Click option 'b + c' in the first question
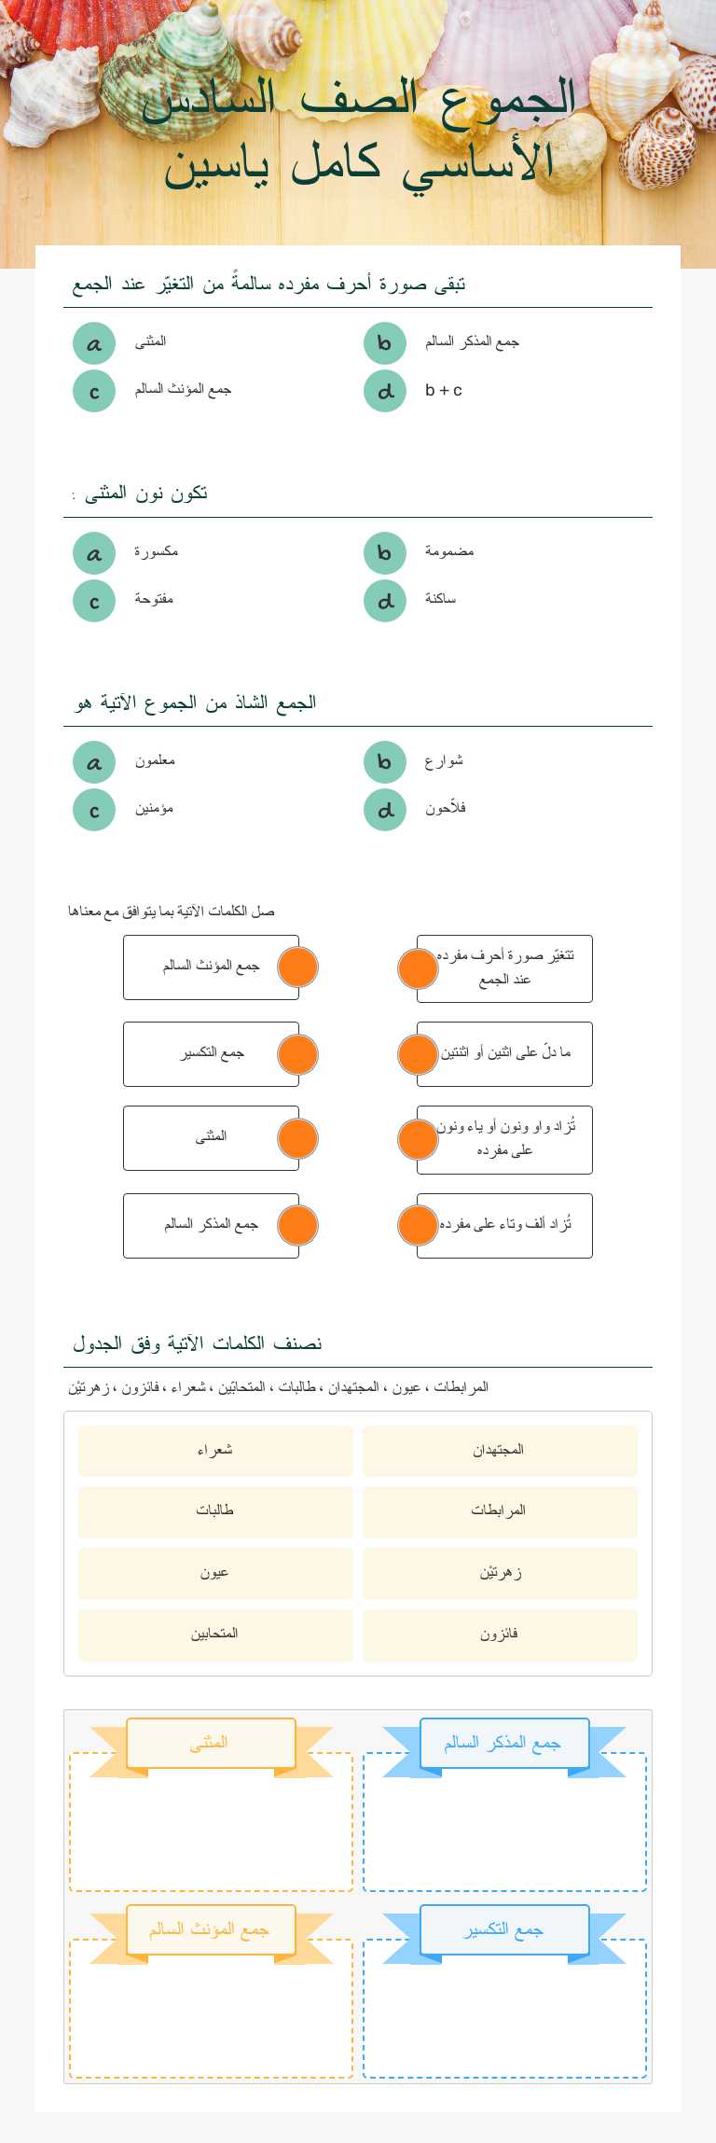[x=444, y=391]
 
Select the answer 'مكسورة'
[x=156, y=552]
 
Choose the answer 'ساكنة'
[x=440, y=600]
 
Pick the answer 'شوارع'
[x=444, y=761]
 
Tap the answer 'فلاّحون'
[x=446, y=809]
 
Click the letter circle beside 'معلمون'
[x=94, y=762]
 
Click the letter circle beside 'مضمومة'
[x=384, y=553]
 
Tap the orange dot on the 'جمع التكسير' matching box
[x=298, y=1054]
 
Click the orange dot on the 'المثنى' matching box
[x=298, y=1138]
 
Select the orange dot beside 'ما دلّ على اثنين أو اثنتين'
[x=418, y=1054]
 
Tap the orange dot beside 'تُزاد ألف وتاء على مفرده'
[x=418, y=1225]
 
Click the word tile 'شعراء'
[x=215, y=1451]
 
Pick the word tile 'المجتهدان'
[x=500, y=1451]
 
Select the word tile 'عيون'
[x=215, y=1573]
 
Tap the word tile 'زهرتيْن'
[x=500, y=1573]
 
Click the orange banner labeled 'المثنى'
[x=210, y=1743]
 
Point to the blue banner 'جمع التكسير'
[x=504, y=1929]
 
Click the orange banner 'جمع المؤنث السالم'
[x=210, y=1929]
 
